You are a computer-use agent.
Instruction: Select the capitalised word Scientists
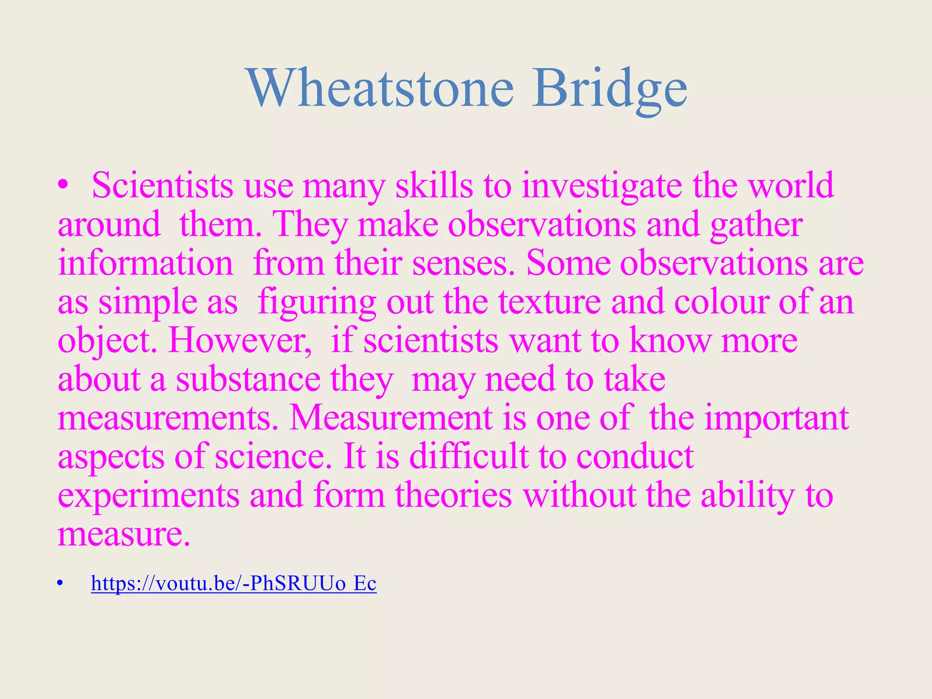coord(162,185)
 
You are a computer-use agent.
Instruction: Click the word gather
coord(756,224)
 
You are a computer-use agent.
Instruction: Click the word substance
coord(248,380)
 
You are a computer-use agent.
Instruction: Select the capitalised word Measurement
coord(390,418)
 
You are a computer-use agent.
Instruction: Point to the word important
coord(776,418)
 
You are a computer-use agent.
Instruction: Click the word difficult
coord(469,456)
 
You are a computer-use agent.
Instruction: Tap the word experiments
coord(148,495)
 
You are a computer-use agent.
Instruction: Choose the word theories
coord(453,495)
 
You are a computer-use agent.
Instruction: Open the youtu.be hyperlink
coord(233,583)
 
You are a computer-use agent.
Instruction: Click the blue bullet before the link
coord(59,583)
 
